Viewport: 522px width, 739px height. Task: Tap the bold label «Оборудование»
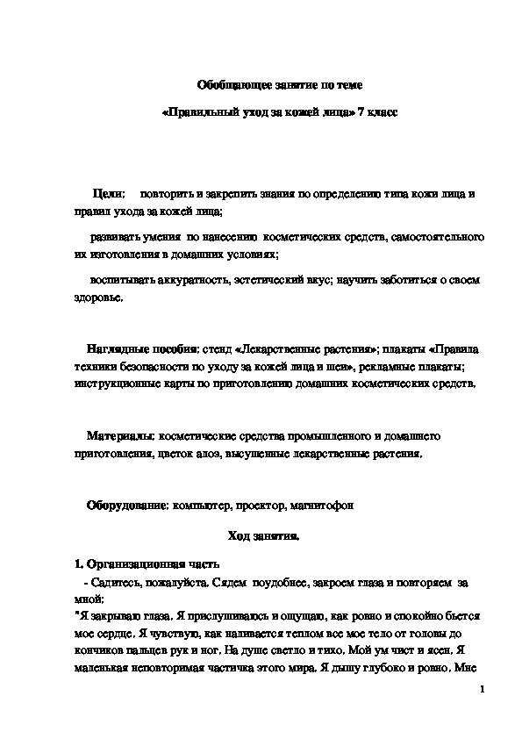point(127,506)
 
